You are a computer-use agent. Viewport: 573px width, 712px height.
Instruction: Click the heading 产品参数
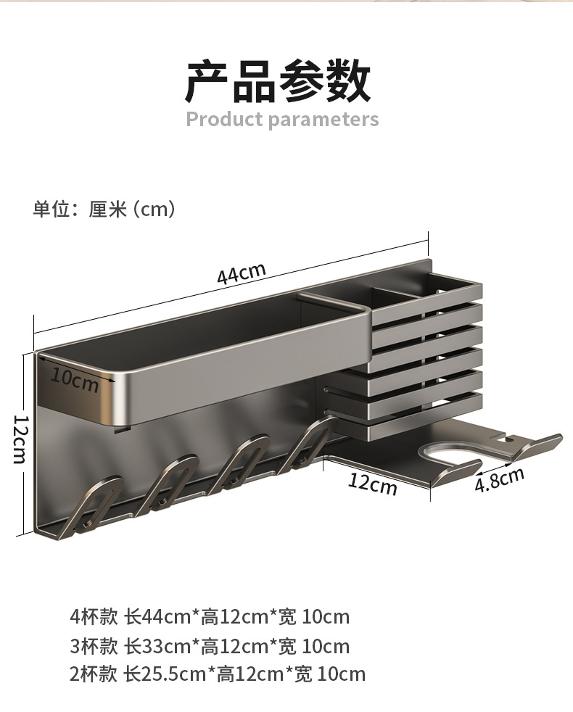279,81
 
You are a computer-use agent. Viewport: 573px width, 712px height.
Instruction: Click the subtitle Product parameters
282,119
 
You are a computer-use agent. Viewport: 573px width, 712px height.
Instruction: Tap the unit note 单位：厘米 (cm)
104,210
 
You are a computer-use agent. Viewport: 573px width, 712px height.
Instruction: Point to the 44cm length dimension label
241,275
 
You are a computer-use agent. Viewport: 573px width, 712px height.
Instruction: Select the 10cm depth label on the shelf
75,379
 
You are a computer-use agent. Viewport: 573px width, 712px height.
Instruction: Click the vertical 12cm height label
20,439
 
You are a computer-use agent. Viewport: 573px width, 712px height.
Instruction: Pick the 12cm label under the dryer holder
373,481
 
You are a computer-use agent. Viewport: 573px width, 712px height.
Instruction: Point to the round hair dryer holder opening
453,455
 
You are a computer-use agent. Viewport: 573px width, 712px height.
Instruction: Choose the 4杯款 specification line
210,617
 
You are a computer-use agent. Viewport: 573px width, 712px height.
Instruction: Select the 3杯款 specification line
210,646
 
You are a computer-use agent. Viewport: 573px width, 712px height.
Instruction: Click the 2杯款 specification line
217,674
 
